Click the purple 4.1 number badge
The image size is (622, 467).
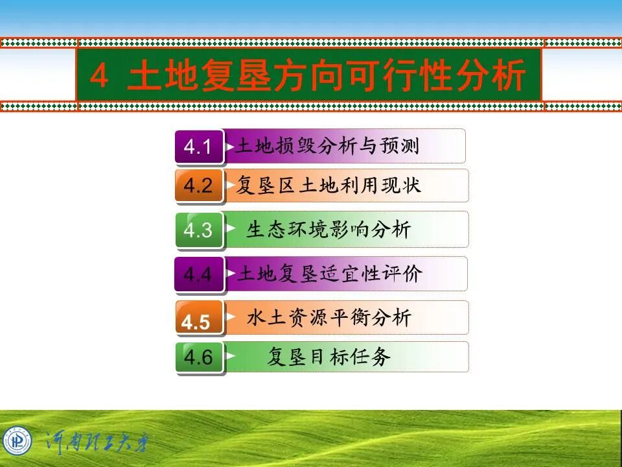199,147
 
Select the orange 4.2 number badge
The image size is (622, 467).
199,186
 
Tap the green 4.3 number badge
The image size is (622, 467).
199,230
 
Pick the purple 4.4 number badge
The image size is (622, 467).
199,274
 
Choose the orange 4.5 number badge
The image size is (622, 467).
199,318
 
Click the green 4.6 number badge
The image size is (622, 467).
199,357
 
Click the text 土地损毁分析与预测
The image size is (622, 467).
327,146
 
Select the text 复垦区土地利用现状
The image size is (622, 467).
328,186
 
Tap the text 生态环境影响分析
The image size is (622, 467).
328,230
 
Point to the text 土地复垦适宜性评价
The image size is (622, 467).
329,274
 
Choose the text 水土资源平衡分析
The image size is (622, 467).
328,318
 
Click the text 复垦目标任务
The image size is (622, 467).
329,357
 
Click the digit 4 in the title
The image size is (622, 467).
98,77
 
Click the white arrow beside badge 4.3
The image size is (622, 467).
231,228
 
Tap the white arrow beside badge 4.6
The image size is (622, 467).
231,355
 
